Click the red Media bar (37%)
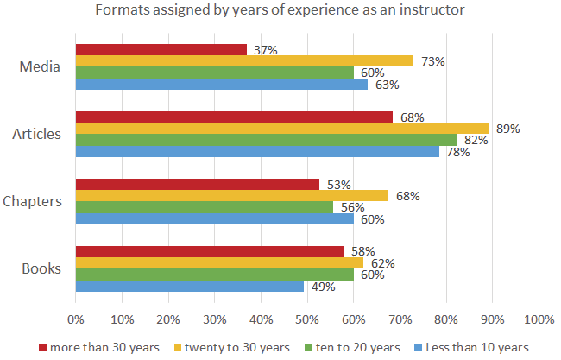pyautogui.click(x=161, y=50)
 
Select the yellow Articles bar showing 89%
pyautogui.click(x=282, y=129)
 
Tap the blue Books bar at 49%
pyautogui.click(x=190, y=286)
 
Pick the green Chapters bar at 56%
pyautogui.click(x=205, y=207)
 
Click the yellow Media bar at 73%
pyautogui.click(x=244, y=61)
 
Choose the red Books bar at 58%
pyautogui.click(x=210, y=252)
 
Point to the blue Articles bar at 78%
pyautogui.click(x=257, y=151)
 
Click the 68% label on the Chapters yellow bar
pyautogui.click(x=408, y=196)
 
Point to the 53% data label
pyautogui.click(x=337, y=185)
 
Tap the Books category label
pyautogui.click(x=41, y=268)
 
